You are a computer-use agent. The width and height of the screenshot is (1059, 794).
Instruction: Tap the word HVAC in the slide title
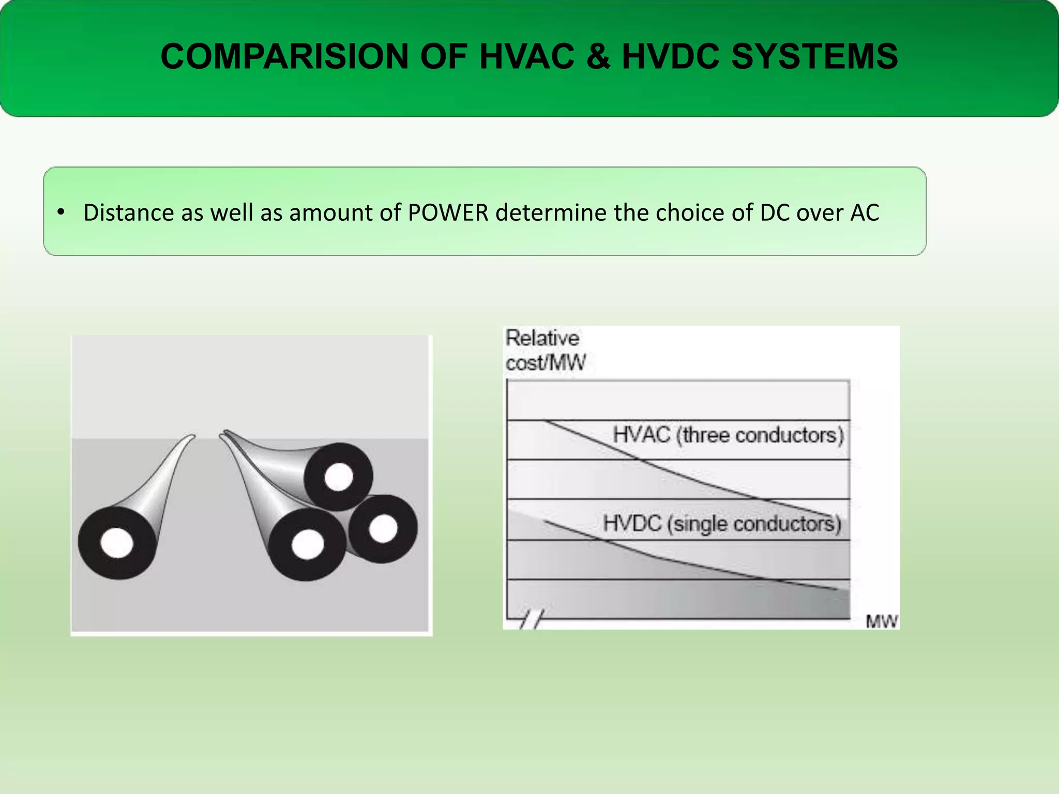tap(526, 56)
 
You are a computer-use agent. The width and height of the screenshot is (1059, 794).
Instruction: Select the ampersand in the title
tap(598, 56)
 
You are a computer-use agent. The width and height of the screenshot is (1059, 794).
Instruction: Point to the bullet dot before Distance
tap(61, 212)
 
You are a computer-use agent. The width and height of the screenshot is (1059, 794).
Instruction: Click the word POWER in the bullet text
tap(448, 212)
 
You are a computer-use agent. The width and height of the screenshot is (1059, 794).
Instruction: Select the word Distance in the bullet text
tap(128, 212)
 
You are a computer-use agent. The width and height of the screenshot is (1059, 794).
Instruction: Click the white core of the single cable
tap(117, 543)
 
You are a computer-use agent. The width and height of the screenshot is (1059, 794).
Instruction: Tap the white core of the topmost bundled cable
tap(339, 476)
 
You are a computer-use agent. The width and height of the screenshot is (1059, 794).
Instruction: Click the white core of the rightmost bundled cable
tap(383, 528)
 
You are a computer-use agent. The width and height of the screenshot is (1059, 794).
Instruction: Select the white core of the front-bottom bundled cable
tap(308, 544)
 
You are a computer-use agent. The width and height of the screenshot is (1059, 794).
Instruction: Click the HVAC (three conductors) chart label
tap(728, 435)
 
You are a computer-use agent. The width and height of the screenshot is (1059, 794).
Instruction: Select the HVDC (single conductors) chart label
tap(722, 523)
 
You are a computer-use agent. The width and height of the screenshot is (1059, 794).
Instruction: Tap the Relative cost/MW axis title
tap(545, 350)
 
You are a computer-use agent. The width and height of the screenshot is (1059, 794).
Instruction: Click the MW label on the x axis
tap(882, 621)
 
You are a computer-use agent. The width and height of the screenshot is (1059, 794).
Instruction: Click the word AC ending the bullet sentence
tap(865, 212)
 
